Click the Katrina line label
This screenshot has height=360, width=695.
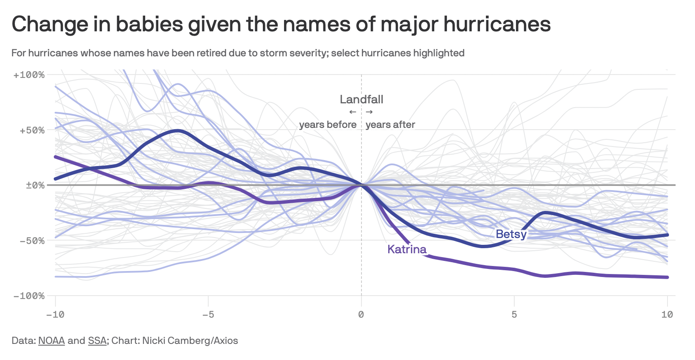point(407,249)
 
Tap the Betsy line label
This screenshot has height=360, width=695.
point(511,234)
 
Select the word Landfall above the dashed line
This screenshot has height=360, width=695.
point(361,100)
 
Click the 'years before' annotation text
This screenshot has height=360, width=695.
point(328,125)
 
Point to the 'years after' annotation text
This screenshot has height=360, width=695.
point(390,125)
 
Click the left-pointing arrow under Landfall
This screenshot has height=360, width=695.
point(353,112)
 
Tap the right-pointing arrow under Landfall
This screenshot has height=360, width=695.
point(370,112)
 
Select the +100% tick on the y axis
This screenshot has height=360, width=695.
point(29,75)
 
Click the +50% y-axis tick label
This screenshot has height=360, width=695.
point(31,130)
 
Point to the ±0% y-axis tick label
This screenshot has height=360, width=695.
point(35,185)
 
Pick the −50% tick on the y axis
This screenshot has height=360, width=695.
point(31,241)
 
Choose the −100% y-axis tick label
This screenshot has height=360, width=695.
point(29,296)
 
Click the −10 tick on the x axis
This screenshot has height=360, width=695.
point(55,314)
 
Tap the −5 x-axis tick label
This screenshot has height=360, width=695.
point(208,314)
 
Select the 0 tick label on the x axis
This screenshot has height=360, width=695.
point(361,314)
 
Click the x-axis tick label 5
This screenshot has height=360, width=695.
point(514,314)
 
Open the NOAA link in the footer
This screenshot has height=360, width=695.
point(51,341)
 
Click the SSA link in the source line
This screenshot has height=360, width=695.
point(97,341)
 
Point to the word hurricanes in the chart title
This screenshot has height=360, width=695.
point(497,24)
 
